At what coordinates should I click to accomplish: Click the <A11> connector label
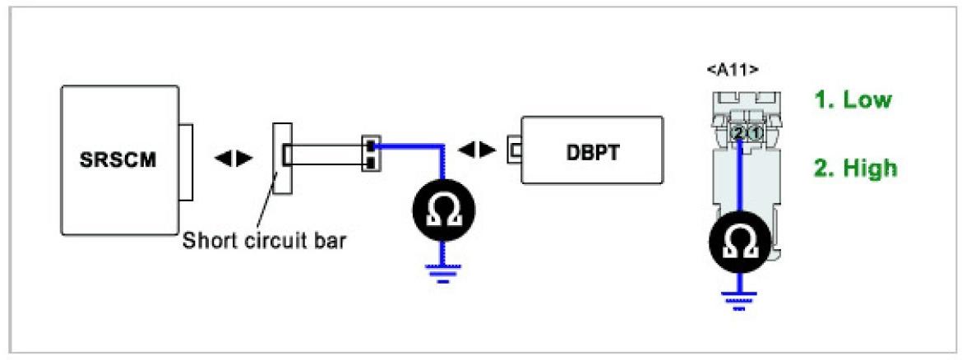[x=732, y=70]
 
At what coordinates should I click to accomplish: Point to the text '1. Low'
[x=853, y=100]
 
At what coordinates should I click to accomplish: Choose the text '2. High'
[x=856, y=168]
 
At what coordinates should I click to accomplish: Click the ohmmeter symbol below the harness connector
[x=445, y=211]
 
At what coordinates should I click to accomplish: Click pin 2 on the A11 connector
[x=738, y=132]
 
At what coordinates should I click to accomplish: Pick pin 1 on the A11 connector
[x=755, y=132]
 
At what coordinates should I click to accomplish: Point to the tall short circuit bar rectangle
[x=282, y=158]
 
